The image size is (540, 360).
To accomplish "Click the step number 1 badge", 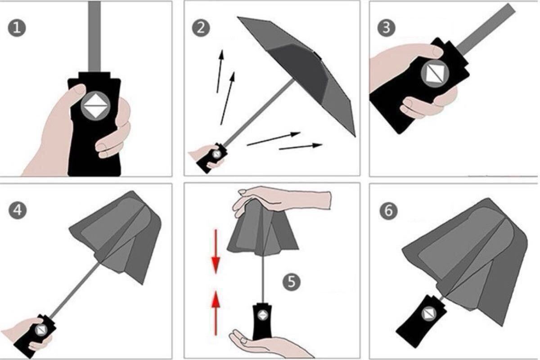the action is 17,28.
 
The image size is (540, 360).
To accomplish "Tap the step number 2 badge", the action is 201,28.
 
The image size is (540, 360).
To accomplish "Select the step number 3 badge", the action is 386,28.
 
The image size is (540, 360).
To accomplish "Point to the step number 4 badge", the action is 18,210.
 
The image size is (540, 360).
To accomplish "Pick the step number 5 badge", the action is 292,282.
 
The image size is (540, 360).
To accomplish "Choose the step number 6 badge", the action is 388,211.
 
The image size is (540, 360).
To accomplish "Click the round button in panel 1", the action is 95,106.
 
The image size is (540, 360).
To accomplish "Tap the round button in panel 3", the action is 435,73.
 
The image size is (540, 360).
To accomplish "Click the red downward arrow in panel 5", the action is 216,252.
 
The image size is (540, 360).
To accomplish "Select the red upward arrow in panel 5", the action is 216,313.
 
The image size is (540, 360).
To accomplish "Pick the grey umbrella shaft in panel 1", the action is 94,36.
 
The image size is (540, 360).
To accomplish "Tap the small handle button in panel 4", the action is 41,330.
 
